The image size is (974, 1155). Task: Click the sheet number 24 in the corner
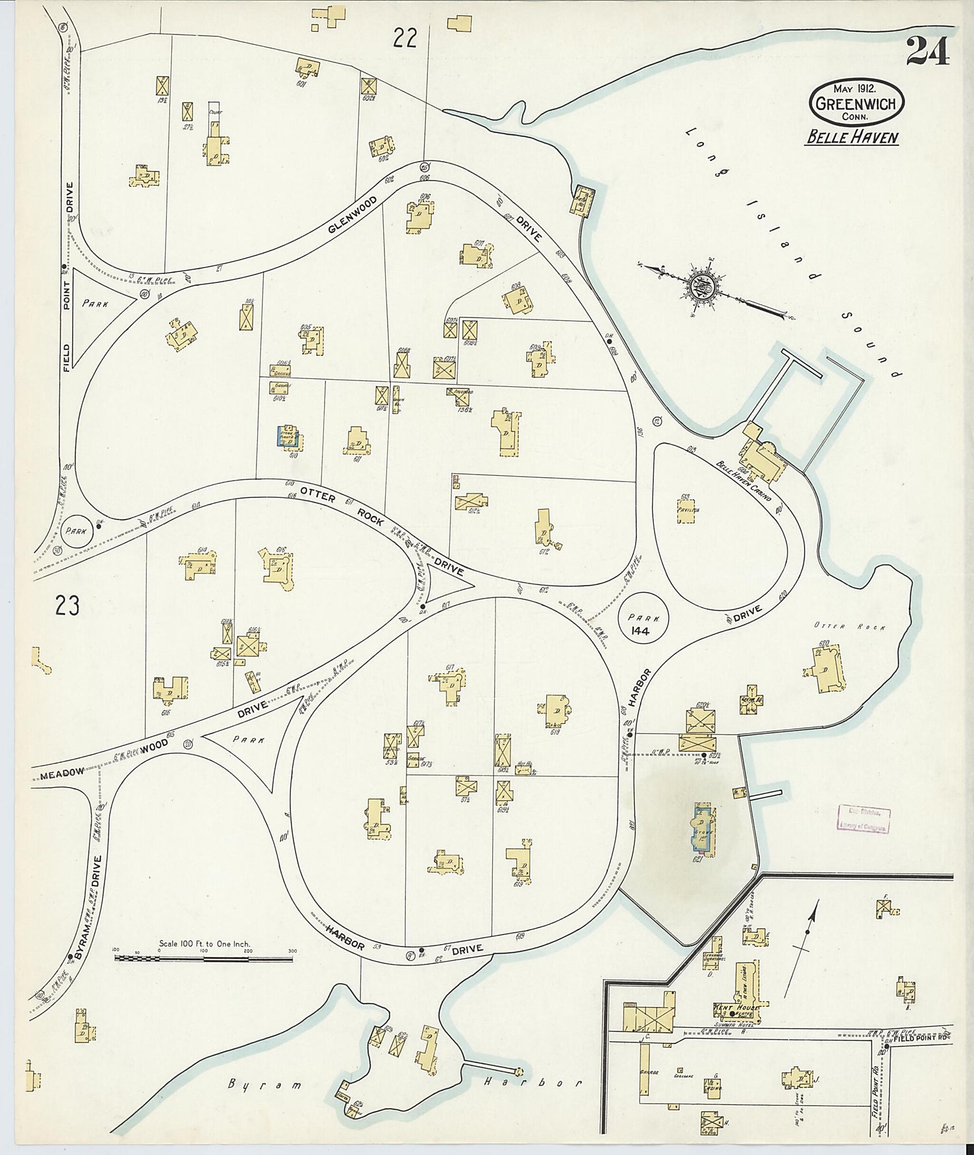tap(928, 51)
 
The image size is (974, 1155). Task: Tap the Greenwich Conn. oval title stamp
tap(856, 103)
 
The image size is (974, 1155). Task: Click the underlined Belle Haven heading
tap(852, 137)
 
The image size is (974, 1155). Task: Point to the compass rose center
tap(703, 285)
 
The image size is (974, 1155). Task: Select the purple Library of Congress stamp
tap(862, 819)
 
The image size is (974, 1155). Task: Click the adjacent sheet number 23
tap(67, 606)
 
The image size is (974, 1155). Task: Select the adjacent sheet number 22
tap(404, 40)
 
